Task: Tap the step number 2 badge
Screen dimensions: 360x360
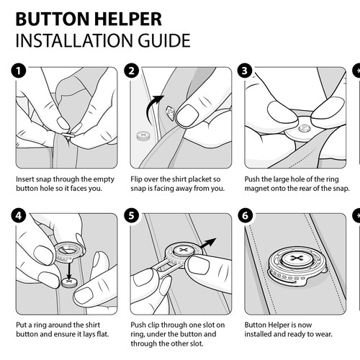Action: pyautogui.click(x=131, y=71)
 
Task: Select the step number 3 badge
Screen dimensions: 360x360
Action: pyautogui.click(x=246, y=71)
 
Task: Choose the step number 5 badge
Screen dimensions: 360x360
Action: pyautogui.click(x=131, y=215)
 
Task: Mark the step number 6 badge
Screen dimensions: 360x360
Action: pyautogui.click(x=246, y=215)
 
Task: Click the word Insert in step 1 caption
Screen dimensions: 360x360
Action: pyautogui.click(x=26, y=178)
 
